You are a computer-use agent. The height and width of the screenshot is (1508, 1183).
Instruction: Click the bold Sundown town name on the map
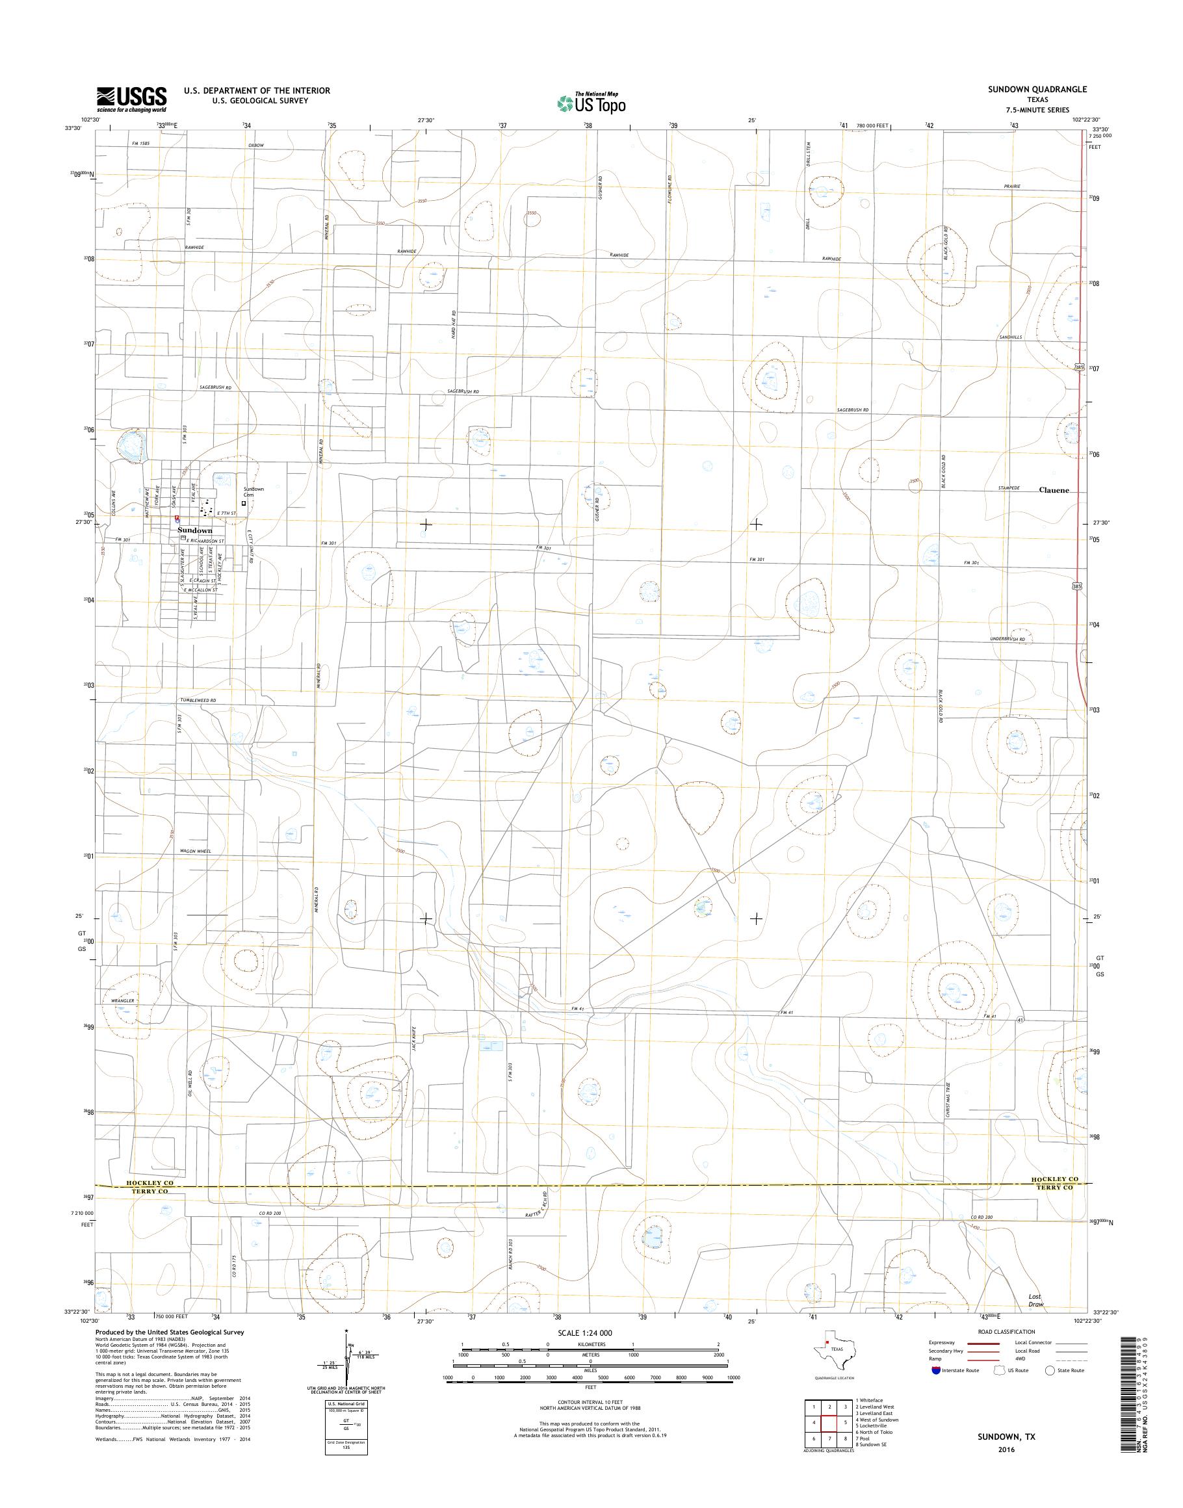point(194,530)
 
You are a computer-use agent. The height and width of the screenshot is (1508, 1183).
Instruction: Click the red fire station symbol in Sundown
point(177,517)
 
